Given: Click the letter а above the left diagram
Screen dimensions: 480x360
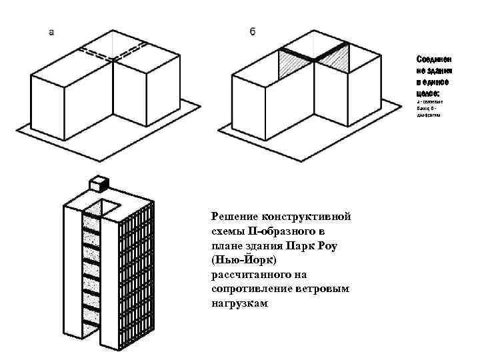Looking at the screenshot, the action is click(x=51, y=31).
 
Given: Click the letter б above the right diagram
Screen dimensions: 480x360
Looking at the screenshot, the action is click(x=253, y=31).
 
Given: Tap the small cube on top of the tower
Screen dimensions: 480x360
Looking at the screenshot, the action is click(x=99, y=183).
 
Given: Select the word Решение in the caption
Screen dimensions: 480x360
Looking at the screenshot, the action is click(x=235, y=217).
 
